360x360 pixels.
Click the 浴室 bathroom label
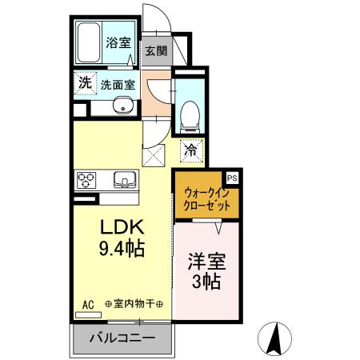(118, 43)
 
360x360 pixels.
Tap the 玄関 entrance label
(155, 50)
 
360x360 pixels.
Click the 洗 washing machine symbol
(85, 82)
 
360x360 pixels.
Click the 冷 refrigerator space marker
(191, 148)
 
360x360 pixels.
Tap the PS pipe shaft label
(233, 178)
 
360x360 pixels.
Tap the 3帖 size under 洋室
(206, 282)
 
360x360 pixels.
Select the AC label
(88, 304)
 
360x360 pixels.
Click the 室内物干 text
(133, 304)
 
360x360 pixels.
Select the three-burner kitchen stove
(86, 178)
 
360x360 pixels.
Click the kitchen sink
(125, 178)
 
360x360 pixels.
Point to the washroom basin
(122, 106)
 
